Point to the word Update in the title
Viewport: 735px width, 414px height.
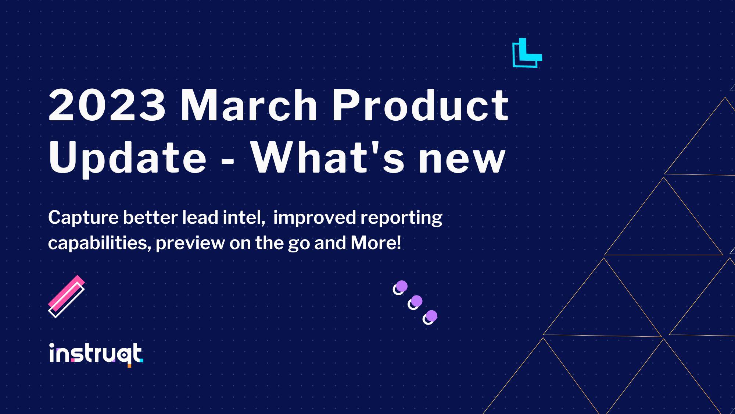click(x=128, y=158)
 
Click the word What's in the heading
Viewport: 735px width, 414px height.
click(x=328, y=158)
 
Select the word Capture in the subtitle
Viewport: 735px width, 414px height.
click(x=83, y=218)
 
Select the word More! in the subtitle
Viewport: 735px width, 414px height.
click(x=376, y=243)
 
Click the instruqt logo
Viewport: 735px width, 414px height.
click(x=96, y=354)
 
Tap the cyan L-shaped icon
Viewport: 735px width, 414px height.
click(x=527, y=53)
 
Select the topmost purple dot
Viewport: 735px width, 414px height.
click(x=402, y=286)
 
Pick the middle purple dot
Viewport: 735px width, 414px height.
click(x=416, y=301)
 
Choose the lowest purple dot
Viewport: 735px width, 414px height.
click(x=431, y=316)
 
